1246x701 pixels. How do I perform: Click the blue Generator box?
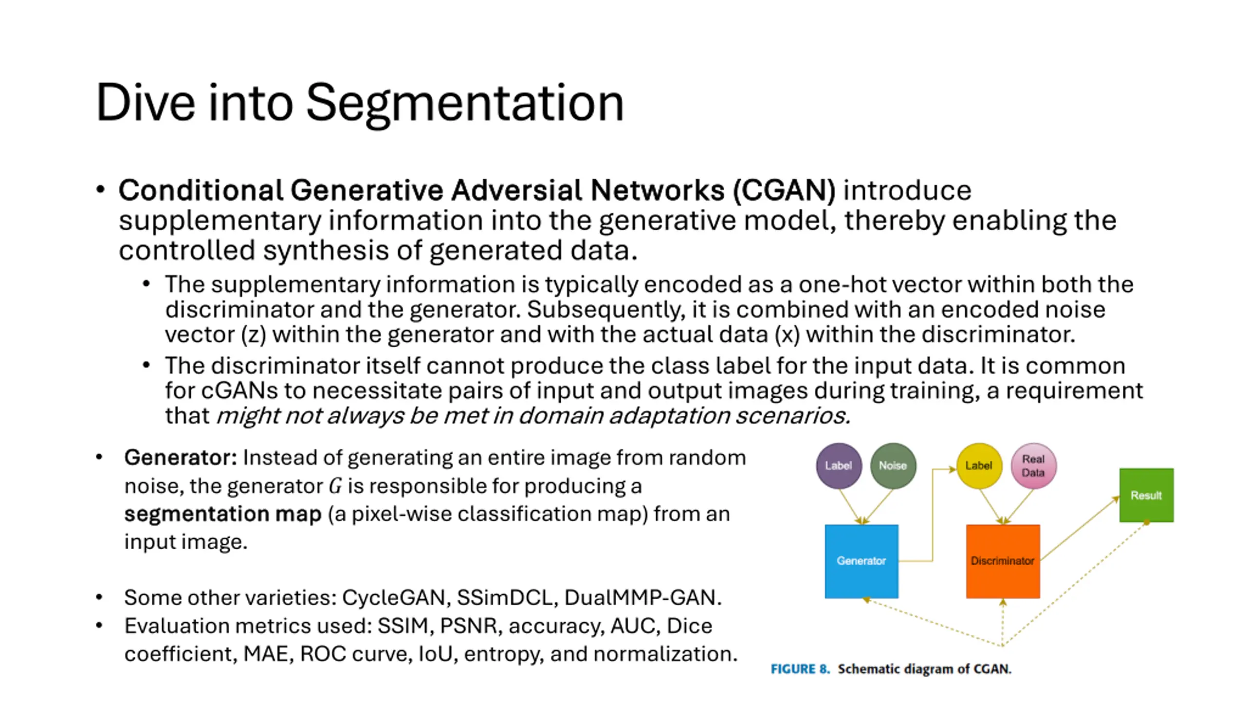[x=861, y=561]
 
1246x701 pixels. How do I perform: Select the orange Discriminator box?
[x=1003, y=561]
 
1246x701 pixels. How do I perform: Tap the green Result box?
[x=1146, y=495]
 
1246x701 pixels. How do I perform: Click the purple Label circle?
[x=839, y=466]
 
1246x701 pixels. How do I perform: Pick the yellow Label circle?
[x=979, y=466]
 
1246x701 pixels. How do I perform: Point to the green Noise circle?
[x=893, y=466]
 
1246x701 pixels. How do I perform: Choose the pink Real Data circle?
[x=1033, y=466]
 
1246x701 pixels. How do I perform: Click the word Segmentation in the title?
[x=465, y=104]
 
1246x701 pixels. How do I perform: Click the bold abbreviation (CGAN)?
[x=784, y=190]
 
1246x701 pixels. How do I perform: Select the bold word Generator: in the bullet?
[x=181, y=458]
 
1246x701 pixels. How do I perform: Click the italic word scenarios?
[x=792, y=416]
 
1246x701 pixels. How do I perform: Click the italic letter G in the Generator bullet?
[x=335, y=486]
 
